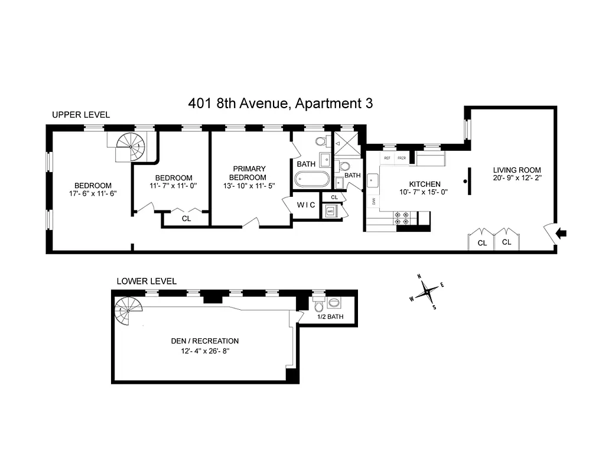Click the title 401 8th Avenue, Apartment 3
coord(281,103)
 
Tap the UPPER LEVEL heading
coord(80,115)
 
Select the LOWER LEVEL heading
coord(147,281)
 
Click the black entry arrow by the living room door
coord(562,234)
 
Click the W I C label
coord(306,205)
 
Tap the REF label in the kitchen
coord(388,158)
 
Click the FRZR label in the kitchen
coord(402,158)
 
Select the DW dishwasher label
coord(374,202)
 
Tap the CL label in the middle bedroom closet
coord(186,218)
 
